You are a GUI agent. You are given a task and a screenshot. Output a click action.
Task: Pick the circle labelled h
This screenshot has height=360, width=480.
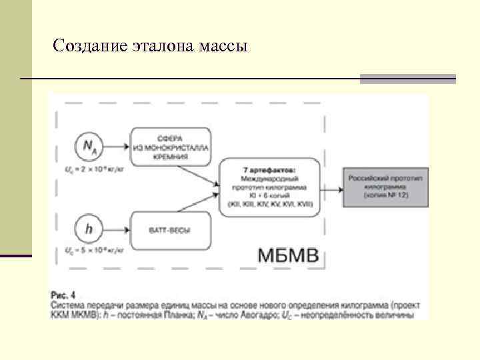coord(89,229)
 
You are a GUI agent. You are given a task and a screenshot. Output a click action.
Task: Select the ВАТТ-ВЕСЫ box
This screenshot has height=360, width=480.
coord(169,231)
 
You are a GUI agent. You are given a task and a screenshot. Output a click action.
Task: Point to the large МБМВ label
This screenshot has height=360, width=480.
coord(289,255)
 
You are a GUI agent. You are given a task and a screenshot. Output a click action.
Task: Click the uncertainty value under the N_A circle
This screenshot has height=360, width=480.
coord(91,170)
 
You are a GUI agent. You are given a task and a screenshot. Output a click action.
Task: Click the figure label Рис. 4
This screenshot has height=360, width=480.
coord(64,294)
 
